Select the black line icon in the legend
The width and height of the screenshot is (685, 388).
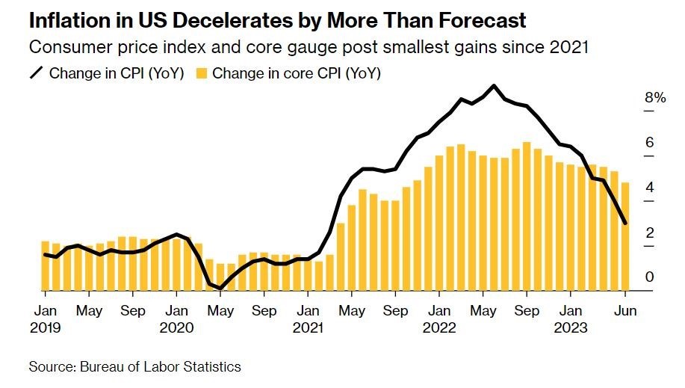[x=37, y=73]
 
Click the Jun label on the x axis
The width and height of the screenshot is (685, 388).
[x=624, y=311]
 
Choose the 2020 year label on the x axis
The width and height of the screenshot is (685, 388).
[x=176, y=327]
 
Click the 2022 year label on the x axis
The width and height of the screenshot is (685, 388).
[x=440, y=327]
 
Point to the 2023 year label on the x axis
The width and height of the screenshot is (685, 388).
[x=571, y=327]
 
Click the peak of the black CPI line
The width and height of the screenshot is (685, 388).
[x=493, y=86]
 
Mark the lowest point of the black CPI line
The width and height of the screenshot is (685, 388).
[x=220, y=288]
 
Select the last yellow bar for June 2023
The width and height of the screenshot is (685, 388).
[x=625, y=236]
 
